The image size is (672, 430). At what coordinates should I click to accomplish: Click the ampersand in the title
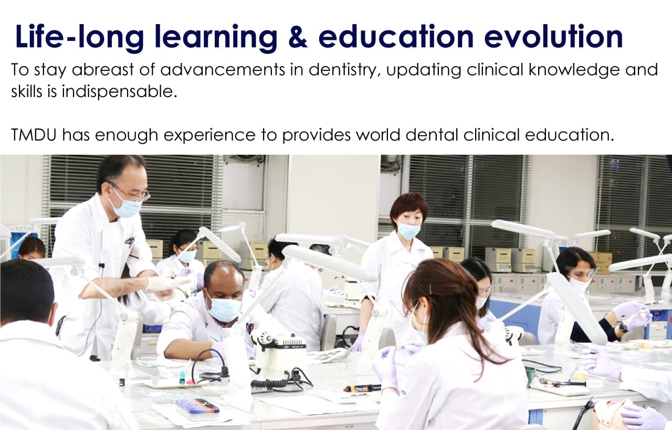(x=298, y=37)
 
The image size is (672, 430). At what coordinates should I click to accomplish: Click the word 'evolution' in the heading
(x=553, y=36)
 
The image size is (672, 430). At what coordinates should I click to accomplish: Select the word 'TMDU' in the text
(x=34, y=135)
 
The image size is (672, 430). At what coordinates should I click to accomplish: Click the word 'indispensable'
(x=119, y=92)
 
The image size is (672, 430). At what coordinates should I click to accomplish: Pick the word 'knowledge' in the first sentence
(x=574, y=70)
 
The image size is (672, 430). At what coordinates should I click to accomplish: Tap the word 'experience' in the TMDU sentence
(x=209, y=135)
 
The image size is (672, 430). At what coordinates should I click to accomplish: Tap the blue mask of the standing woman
(x=409, y=231)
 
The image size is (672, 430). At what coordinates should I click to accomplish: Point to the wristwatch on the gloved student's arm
(x=623, y=328)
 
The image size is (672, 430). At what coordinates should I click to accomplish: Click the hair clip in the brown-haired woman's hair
(x=430, y=289)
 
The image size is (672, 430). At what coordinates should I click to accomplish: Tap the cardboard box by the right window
(x=601, y=263)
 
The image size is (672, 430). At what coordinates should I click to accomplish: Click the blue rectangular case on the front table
(x=197, y=406)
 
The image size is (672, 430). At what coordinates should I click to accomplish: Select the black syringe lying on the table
(x=362, y=389)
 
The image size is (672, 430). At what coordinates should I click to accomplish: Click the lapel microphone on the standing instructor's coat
(x=102, y=265)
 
